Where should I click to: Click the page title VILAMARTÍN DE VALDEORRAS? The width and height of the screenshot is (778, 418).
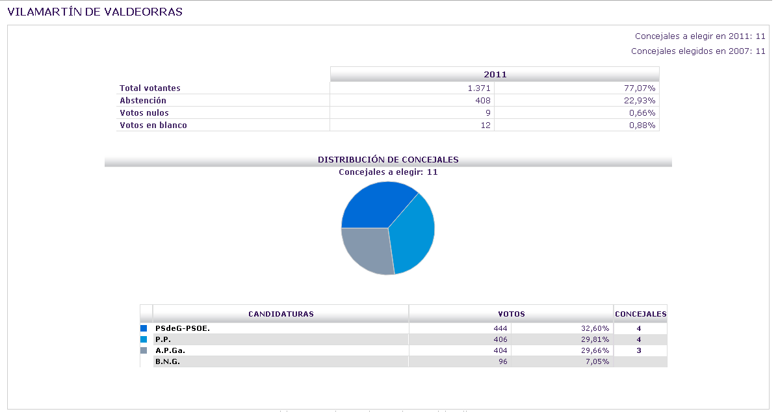coord(95,12)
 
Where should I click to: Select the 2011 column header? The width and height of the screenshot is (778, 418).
coord(495,74)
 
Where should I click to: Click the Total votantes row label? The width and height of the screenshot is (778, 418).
coord(150,88)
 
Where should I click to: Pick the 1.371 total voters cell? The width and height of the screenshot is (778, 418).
coord(479,88)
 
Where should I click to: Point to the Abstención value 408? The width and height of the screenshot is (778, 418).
coord(483,100)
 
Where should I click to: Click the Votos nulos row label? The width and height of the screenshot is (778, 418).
coord(144,112)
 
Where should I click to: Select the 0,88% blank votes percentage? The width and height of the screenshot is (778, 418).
coord(643,125)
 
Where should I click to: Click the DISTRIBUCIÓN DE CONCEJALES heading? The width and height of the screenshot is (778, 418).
coord(388,159)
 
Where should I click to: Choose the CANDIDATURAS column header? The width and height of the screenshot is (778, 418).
coord(281,314)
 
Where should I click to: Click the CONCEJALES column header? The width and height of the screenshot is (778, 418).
coord(640,314)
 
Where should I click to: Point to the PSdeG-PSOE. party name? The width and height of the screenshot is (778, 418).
coord(183,328)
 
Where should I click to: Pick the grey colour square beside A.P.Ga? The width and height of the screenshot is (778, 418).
coord(144,350)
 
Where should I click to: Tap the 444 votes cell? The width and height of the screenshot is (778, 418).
coord(500,328)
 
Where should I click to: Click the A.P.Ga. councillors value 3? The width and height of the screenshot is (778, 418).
coord(639,350)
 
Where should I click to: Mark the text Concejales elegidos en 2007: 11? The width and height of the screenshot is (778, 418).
coord(698,51)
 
